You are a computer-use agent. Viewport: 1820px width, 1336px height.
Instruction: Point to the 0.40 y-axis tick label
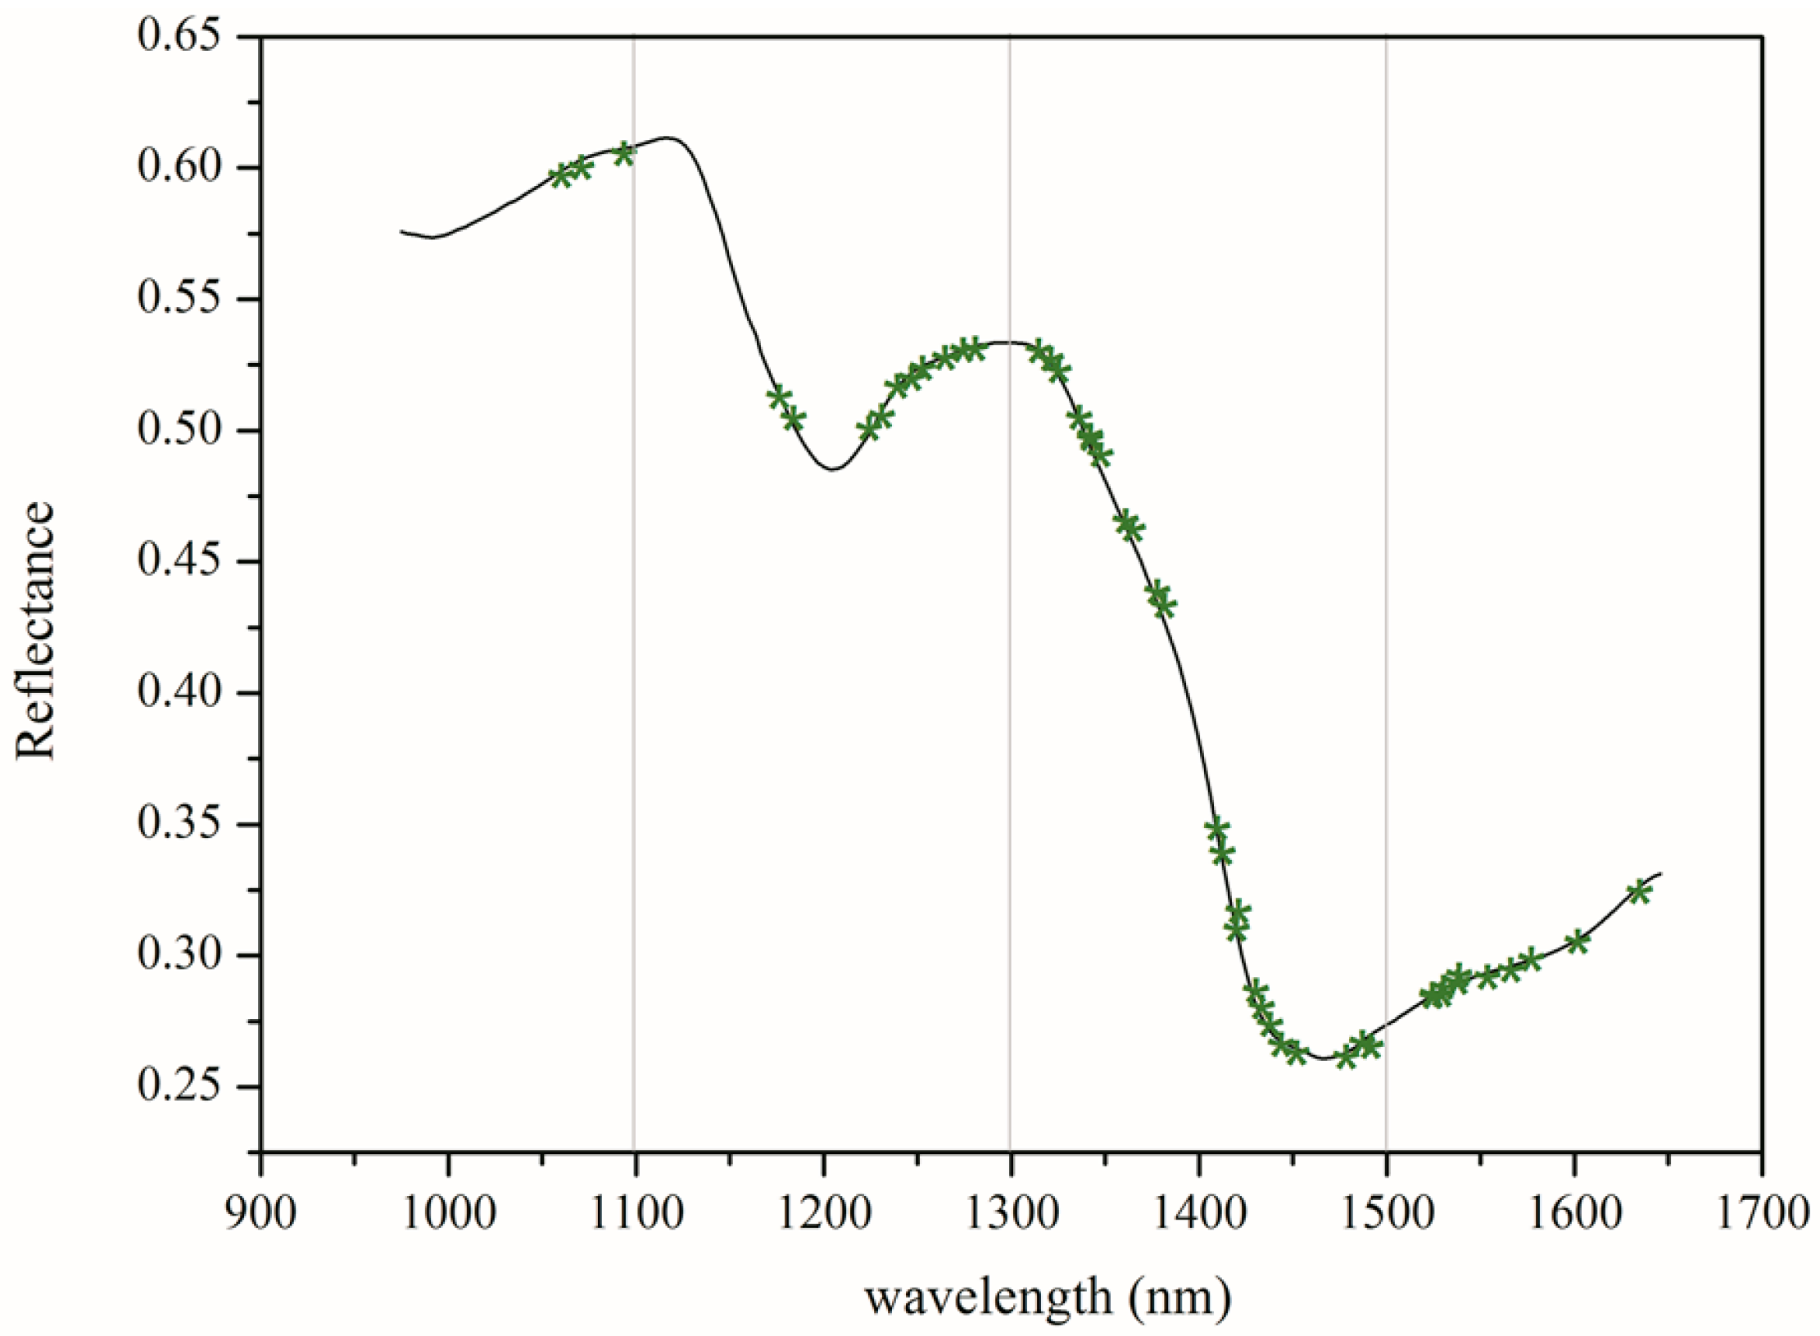(180, 692)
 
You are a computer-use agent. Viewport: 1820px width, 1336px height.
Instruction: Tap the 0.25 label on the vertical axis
(180, 1086)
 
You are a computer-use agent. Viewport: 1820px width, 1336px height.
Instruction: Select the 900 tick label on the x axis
(261, 1212)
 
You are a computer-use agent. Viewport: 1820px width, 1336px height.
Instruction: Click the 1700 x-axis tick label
(1761, 1212)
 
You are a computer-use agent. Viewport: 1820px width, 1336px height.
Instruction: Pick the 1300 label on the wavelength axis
(1011, 1212)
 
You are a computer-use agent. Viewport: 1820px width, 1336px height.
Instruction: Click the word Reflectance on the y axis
(36, 631)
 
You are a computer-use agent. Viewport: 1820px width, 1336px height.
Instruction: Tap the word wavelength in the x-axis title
(989, 1296)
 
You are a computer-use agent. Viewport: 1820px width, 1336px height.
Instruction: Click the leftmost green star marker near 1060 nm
(561, 175)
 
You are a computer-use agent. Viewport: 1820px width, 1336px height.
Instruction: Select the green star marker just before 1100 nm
(625, 153)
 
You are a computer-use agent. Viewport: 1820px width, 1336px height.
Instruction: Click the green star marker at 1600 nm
(1578, 942)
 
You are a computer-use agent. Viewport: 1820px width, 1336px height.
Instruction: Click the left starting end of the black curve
(401, 231)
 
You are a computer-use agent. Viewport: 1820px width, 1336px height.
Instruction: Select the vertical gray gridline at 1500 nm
(1386, 573)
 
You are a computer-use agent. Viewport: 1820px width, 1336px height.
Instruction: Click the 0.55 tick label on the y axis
(180, 299)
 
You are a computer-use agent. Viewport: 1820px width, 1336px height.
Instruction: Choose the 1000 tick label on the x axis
(449, 1212)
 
